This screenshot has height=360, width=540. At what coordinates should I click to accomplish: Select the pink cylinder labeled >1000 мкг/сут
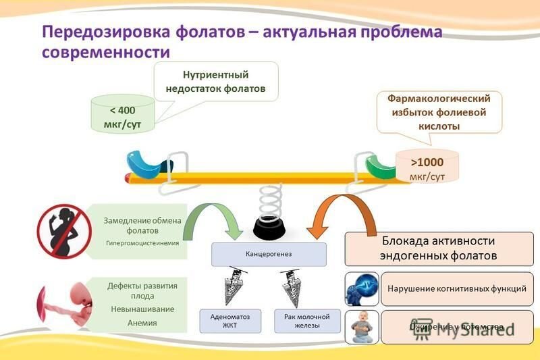tap(427, 166)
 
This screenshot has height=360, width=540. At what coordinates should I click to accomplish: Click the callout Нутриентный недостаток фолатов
tap(216, 81)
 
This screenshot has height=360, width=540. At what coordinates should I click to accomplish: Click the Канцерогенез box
tap(269, 254)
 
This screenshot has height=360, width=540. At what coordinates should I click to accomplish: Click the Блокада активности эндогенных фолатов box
tap(439, 249)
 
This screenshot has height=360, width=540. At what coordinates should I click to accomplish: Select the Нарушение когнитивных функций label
tap(457, 288)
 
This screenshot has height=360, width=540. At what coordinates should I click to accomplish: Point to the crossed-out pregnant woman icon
tap(63, 231)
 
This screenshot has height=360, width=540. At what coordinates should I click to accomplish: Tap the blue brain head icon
tap(361, 289)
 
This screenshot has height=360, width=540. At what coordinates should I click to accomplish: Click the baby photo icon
tap(361, 327)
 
